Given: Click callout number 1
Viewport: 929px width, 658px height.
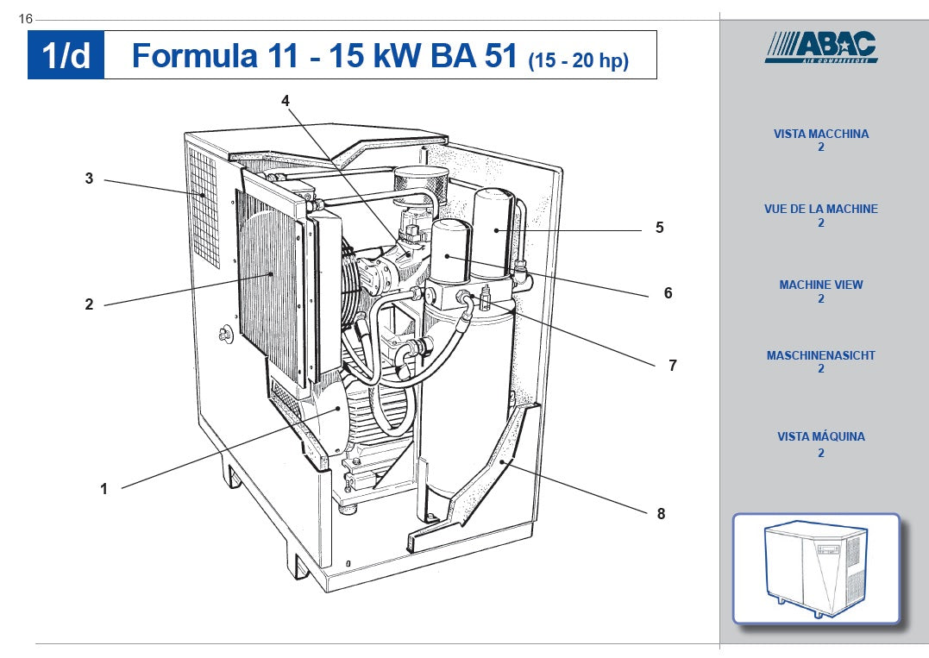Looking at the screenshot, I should (x=104, y=489).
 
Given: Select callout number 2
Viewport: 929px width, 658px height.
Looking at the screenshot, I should (x=89, y=304).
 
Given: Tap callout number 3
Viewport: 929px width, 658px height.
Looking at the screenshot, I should (x=89, y=179).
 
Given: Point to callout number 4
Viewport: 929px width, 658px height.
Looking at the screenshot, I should (x=286, y=100).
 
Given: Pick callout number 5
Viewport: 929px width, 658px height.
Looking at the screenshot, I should (x=659, y=228).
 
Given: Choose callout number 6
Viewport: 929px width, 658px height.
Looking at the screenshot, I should (x=668, y=293).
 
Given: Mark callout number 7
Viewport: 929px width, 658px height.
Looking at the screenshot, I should (x=673, y=366).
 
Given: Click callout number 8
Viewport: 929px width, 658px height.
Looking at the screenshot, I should (x=661, y=514).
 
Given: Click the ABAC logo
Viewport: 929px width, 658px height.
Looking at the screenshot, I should (x=821, y=47).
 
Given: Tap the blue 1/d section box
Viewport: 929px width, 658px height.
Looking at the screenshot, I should (x=66, y=55).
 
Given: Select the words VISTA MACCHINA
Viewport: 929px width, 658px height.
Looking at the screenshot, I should (x=821, y=135).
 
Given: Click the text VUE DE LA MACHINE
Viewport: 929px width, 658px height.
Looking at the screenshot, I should (x=821, y=210).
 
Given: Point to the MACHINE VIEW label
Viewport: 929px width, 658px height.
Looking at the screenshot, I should (x=821, y=285).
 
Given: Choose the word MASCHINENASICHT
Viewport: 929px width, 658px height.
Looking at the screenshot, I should (x=821, y=355).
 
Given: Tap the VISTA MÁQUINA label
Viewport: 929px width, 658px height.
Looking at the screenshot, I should (x=821, y=437).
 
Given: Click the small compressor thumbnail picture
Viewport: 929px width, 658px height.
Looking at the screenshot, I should (x=816, y=568).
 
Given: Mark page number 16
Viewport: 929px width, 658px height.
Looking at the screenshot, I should (x=25, y=19).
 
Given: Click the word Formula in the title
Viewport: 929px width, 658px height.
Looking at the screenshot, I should (x=194, y=56).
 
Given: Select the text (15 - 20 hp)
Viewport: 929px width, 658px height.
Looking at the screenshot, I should (x=578, y=60).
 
